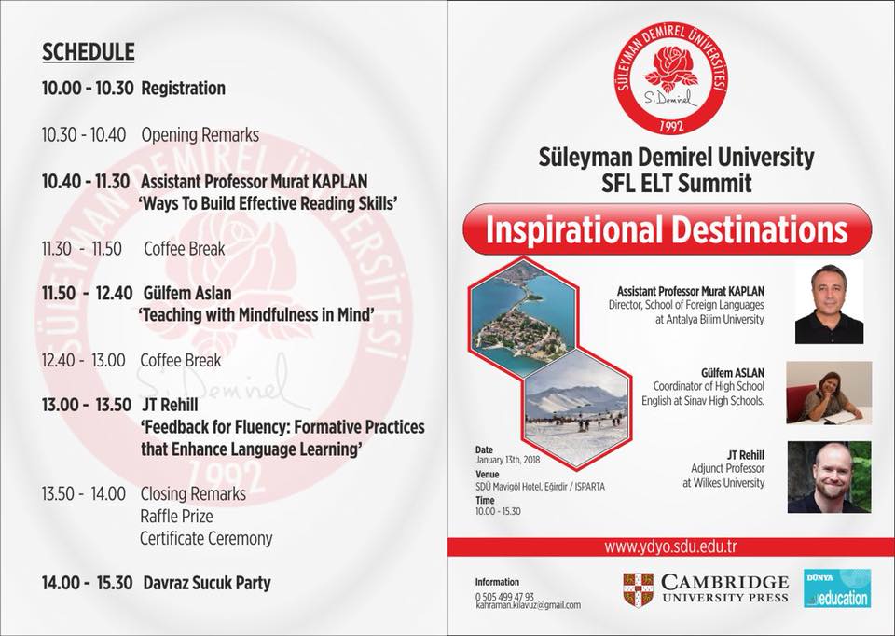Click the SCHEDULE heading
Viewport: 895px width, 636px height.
tap(88, 52)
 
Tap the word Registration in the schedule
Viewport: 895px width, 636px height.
tap(184, 89)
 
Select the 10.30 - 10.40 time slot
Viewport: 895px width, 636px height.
tap(84, 135)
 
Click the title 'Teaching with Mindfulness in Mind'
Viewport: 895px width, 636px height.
tap(257, 315)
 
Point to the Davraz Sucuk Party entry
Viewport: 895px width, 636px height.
tap(207, 583)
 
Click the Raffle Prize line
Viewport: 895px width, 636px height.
tap(176, 516)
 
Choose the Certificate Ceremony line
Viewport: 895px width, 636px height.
tap(206, 538)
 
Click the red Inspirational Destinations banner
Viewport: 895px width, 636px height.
tap(667, 228)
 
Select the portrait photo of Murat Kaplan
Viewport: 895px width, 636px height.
tap(829, 302)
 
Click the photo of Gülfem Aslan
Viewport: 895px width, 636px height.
tap(829, 393)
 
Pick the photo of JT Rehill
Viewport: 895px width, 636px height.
tap(830, 477)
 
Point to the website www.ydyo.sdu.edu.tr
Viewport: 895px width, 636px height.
tap(670, 546)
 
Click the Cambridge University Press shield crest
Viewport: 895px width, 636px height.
tap(638, 589)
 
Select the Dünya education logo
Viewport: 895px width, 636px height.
tap(837, 588)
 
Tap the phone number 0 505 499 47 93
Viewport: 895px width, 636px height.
tap(504, 596)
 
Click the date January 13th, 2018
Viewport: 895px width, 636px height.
tap(507, 460)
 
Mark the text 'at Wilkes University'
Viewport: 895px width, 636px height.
tap(723, 483)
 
